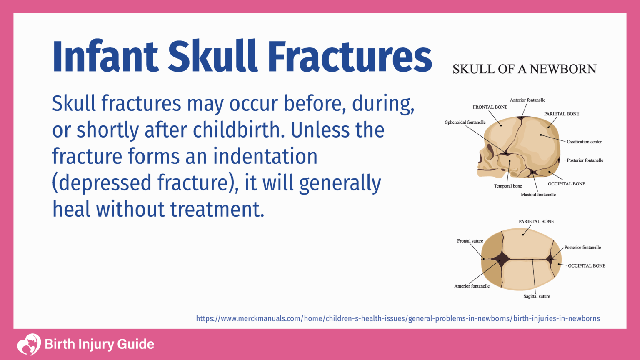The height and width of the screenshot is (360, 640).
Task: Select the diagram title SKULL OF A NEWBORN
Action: [x=524, y=69]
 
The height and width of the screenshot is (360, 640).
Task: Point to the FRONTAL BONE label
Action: [x=490, y=107]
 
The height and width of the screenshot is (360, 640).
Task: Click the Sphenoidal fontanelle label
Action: [x=465, y=122]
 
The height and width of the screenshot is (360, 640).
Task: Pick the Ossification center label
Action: [x=584, y=142]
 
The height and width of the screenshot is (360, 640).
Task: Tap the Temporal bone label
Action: [x=508, y=186]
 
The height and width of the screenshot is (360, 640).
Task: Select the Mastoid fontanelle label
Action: [x=538, y=195]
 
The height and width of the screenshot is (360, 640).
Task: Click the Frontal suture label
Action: [x=470, y=241]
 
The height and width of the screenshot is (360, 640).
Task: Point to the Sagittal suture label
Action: [x=537, y=296]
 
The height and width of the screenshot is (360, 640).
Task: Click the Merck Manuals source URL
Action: [x=398, y=319]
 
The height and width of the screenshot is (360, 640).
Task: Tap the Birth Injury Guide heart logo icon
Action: [x=29, y=344]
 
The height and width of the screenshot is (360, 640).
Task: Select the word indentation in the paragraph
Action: [x=265, y=157]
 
